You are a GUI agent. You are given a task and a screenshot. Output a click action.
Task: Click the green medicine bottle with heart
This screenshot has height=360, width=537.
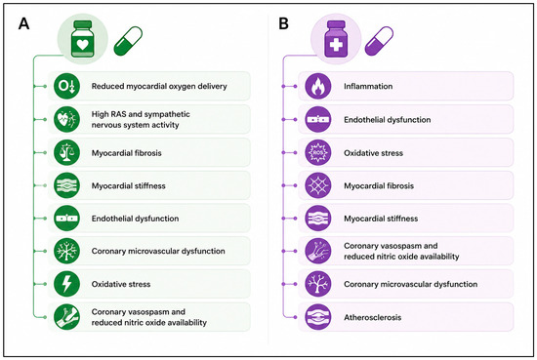(82, 39)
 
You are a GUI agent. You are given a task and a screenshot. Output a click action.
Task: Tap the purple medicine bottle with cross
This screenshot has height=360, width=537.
(336, 39)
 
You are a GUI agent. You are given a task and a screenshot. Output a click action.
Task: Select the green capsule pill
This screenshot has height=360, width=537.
(128, 41)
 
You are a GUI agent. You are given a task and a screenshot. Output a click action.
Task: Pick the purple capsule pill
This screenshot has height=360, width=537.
(379, 41)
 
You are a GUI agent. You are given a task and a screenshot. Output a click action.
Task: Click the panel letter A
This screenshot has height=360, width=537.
(23, 24)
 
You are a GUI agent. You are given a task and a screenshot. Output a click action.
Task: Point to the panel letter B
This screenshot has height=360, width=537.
(283, 24)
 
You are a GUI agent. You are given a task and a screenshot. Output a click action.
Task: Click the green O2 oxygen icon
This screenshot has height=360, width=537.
(66, 86)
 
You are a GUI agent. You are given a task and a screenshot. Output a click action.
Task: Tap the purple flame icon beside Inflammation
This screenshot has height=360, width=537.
(318, 86)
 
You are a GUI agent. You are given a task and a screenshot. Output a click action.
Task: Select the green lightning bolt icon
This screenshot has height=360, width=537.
(66, 284)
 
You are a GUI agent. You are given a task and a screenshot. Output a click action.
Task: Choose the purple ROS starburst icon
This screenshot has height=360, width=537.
(318, 152)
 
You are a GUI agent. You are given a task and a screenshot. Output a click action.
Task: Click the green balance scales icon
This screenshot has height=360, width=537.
(66, 152)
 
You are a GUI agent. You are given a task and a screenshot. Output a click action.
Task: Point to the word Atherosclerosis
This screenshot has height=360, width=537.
(373, 317)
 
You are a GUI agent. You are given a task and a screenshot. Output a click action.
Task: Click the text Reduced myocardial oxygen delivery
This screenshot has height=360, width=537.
(159, 86)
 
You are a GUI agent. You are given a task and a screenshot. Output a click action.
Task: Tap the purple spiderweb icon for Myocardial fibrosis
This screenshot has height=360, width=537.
(318, 185)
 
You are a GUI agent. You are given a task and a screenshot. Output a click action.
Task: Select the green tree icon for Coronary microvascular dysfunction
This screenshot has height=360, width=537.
(66, 251)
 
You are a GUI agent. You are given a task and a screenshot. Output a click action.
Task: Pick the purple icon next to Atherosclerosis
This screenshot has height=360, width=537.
(318, 317)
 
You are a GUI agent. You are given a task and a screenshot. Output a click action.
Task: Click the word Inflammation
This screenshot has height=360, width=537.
(368, 86)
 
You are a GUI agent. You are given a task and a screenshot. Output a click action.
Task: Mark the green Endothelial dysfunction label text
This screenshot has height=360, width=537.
(135, 219)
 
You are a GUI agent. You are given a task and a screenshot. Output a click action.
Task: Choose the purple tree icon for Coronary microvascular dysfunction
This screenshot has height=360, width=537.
(318, 284)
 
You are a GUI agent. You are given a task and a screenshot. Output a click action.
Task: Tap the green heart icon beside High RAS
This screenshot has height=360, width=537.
(66, 119)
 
